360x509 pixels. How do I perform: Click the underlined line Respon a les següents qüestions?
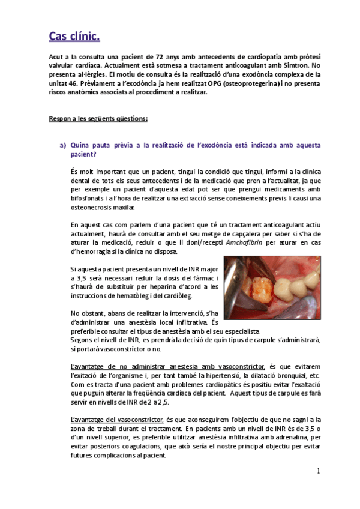98,119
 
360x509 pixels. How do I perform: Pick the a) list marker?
62,145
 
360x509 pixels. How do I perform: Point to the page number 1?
318,471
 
